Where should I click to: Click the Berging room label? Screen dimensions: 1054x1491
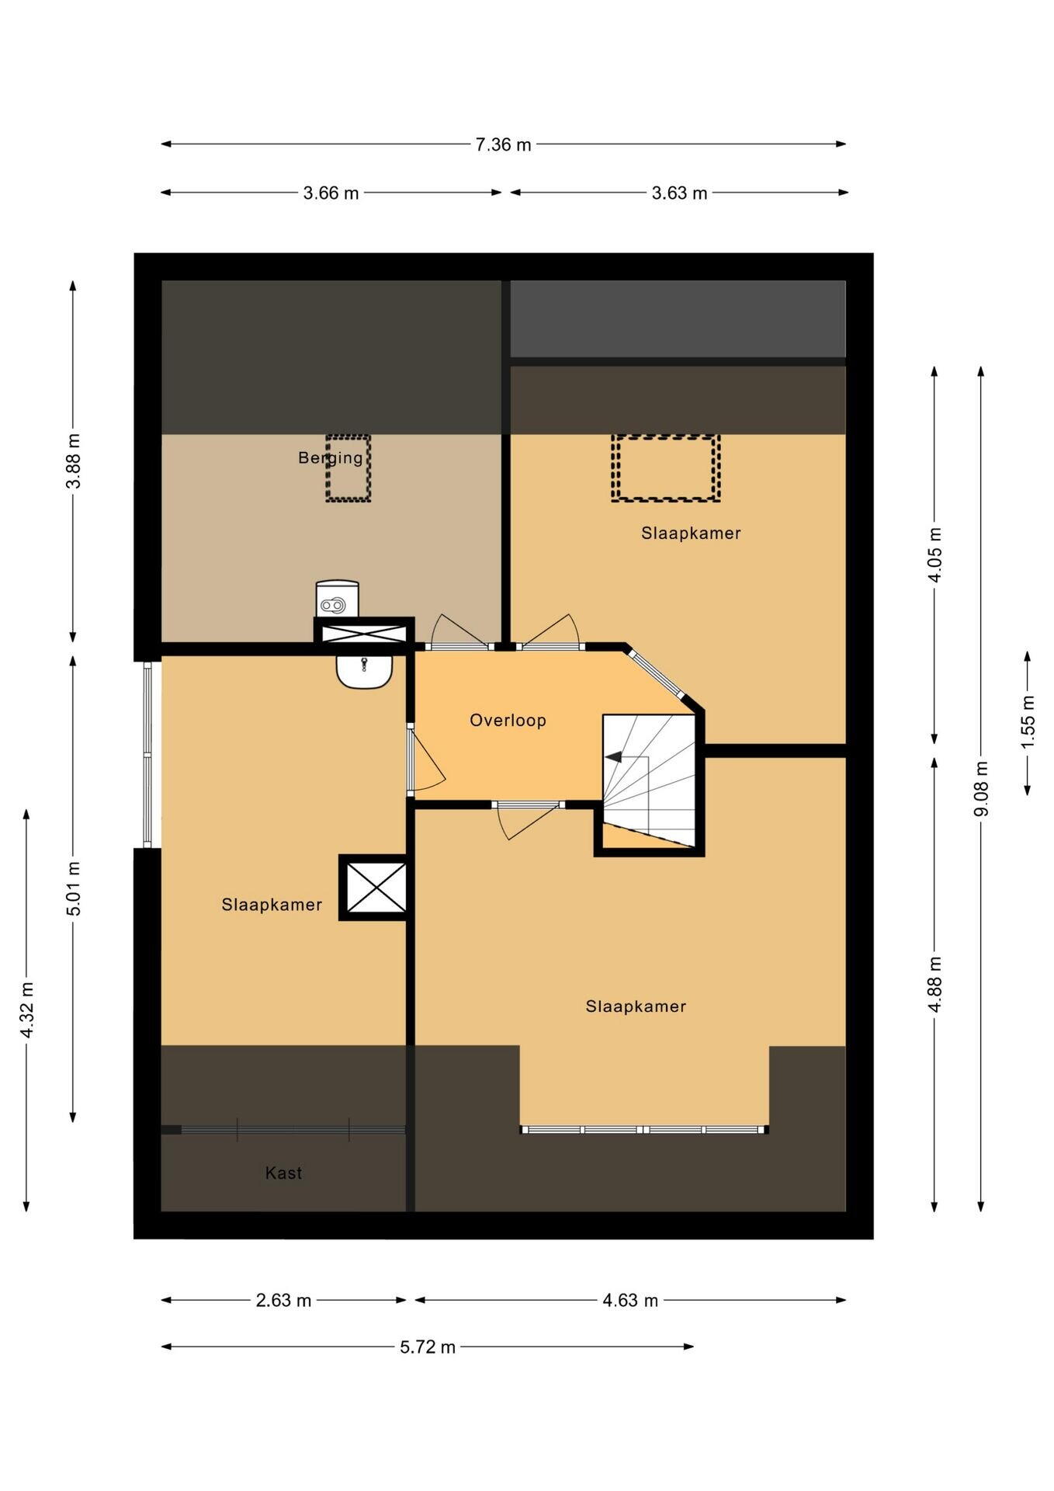point(331,458)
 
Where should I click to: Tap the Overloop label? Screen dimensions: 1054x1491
point(508,721)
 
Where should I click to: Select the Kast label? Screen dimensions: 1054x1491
point(283,1173)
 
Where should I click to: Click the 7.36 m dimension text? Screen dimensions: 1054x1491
point(503,144)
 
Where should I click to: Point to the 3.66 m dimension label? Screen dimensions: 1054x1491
point(331,193)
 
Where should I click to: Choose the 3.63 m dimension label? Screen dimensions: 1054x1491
point(679,193)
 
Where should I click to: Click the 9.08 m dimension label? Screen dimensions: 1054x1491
point(982,788)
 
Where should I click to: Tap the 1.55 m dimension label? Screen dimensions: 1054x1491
point(1028,722)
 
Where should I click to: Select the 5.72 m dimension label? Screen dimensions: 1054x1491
point(428,1347)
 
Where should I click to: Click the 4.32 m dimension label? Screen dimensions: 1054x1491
point(27,1010)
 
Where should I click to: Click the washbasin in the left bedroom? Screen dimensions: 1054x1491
point(364,671)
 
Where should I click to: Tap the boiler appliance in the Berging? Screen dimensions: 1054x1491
point(338,599)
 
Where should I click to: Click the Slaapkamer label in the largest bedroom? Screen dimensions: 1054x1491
point(636,1007)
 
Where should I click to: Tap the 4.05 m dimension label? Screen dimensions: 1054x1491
point(935,554)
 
